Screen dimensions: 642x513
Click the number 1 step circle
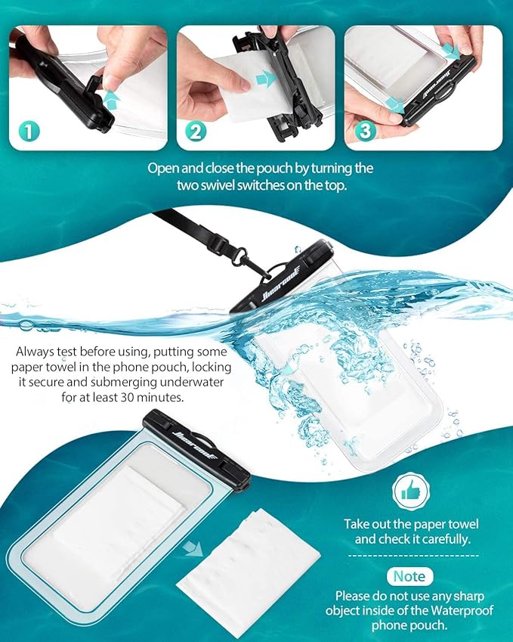coord(28,132)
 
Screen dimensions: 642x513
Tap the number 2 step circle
coord(196,132)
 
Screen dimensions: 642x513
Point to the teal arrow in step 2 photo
coord(263,79)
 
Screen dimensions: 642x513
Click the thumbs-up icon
coord(410,492)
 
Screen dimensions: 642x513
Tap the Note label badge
coord(410,576)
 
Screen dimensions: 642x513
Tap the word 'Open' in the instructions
coord(164,168)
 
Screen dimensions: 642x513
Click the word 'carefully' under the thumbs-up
coord(446,539)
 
